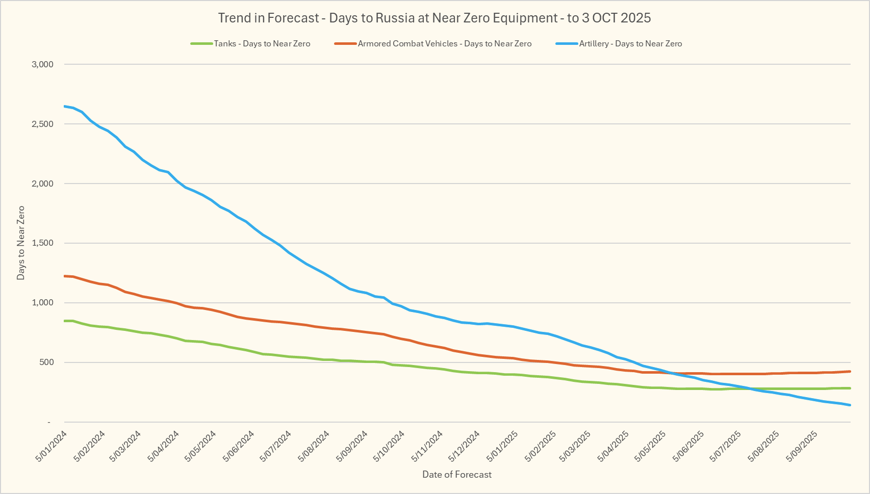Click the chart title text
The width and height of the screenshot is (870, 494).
(434, 18)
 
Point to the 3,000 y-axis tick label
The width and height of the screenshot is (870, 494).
(42, 64)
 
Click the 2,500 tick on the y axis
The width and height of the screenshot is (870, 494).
(42, 124)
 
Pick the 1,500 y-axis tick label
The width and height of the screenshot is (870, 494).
(42, 243)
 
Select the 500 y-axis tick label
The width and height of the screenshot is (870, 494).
(45, 362)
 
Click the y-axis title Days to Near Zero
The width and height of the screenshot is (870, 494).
(21, 243)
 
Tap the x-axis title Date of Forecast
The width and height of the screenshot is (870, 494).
(457, 475)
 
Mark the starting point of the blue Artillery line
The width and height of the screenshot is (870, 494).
(65, 106)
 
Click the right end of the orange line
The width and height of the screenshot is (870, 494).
(850, 371)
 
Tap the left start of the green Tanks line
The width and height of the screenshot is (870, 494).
(65, 321)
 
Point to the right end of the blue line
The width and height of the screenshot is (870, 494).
(850, 405)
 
